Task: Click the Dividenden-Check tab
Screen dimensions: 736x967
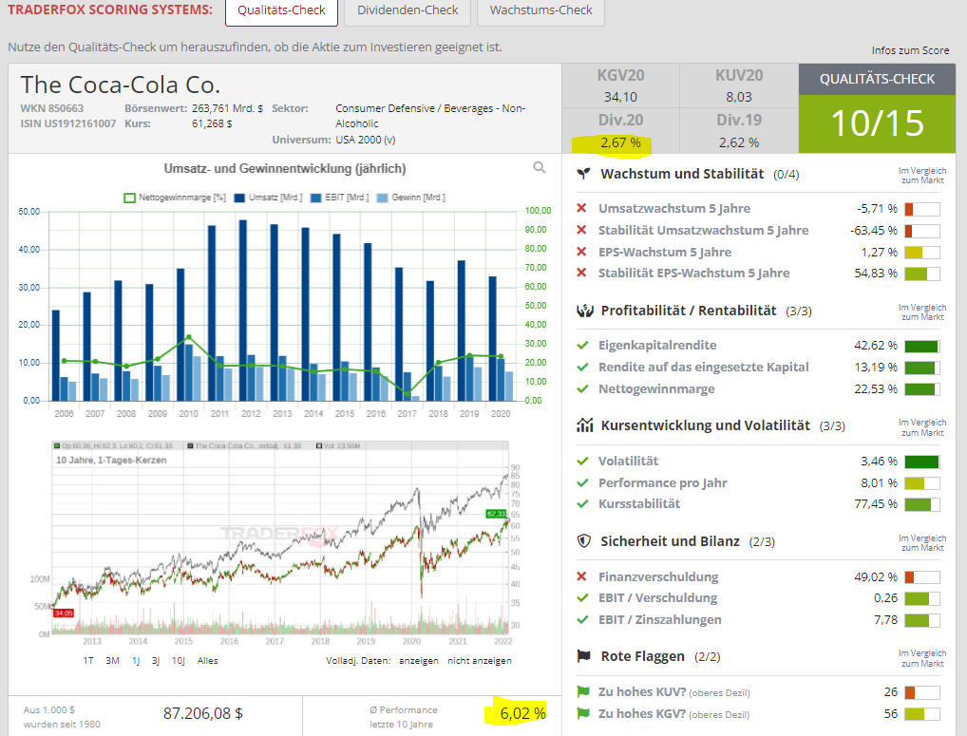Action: (x=407, y=10)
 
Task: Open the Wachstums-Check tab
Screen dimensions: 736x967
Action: (x=540, y=10)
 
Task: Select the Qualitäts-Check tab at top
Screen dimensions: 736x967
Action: (x=282, y=10)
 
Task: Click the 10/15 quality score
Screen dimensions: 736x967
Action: (x=877, y=123)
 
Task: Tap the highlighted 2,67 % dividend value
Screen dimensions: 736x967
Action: (x=620, y=142)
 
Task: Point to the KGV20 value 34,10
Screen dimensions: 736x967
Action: (x=620, y=97)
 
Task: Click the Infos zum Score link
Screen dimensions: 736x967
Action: (x=910, y=50)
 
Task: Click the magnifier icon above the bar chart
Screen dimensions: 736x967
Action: (x=540, y=168)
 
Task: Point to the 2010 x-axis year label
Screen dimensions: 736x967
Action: (x=188, y=415)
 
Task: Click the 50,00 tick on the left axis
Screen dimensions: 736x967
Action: (x=29, y=211)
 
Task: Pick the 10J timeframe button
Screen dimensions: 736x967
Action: (x=178, y=660)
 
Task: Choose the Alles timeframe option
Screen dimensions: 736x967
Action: (x=207, y=660)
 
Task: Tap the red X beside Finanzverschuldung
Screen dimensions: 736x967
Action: (x=581, y=576)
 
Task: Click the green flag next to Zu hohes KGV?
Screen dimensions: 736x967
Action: (x=582, y=714)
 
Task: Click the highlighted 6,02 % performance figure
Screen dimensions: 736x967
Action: (x=522, y=712)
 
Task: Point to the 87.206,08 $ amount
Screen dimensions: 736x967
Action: (x=203, y=712)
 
